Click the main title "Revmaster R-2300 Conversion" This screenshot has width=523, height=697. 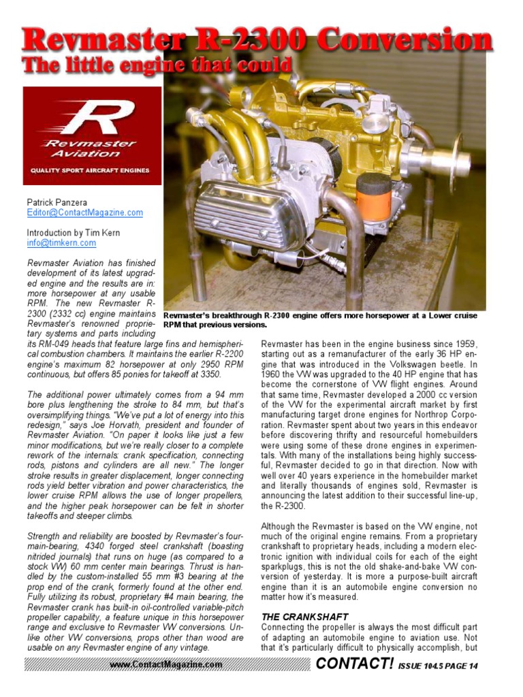pos(257,40)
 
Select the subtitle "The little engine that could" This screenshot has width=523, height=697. pos(157,65)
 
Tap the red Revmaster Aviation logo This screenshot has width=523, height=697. pos(92,135)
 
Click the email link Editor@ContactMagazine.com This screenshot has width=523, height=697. pos(84,212)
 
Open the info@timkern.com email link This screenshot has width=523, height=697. pos(61,242)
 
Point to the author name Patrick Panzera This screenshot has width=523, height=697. pos(57,202)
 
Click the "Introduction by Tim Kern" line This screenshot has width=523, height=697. pos(73,232)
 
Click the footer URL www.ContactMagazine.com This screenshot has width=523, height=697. pos(165,664)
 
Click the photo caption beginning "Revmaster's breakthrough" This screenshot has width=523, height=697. pos(320,320)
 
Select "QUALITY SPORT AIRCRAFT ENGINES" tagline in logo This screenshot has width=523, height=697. pos(89,170)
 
